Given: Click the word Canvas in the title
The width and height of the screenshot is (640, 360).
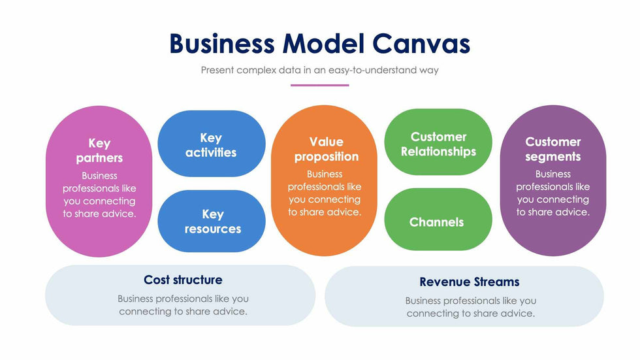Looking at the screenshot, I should pyautogui.click(x=422, y=43).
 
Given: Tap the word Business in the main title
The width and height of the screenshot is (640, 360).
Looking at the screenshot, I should pyautogui.click(x=221, y=43).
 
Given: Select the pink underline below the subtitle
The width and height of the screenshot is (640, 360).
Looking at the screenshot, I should pyautogui.click(x=319, y=85).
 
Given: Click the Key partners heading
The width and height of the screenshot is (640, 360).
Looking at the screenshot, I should pyautogui.click(x=99, y=150).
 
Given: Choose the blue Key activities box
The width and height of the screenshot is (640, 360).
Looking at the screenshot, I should pyautogui.click(x=211, y=144).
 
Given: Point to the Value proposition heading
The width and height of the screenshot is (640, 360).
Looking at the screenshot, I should pyautogui.click(x=326, y=149).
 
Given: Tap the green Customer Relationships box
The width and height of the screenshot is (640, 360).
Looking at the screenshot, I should pyautogui.click(x=438, y=144).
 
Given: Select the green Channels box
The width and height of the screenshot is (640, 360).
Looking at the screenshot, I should pyautogui.click(x=437, y=221).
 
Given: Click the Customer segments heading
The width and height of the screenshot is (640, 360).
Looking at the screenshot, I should pyautogui.click(x=552, y=149).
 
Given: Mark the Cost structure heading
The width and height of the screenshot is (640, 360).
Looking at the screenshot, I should pyautogui.click(x=183, y=280).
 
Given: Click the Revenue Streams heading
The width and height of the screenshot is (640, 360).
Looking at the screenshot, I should pyautogui.click(x=470, y=282).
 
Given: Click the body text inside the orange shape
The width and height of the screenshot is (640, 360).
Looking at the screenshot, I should pyautogui.click(x=325, y=193).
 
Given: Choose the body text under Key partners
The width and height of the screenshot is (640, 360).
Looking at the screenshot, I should pyautogui.click(x=99, y=195).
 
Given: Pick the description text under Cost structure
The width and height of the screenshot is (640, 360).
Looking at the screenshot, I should pyautogui.click(x=183, y=305).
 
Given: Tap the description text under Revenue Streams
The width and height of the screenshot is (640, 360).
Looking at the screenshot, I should pyautogui.click(x=470, y=307).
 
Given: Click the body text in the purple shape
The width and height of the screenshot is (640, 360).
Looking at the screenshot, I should pyautogui.click(x=552, y=193).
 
